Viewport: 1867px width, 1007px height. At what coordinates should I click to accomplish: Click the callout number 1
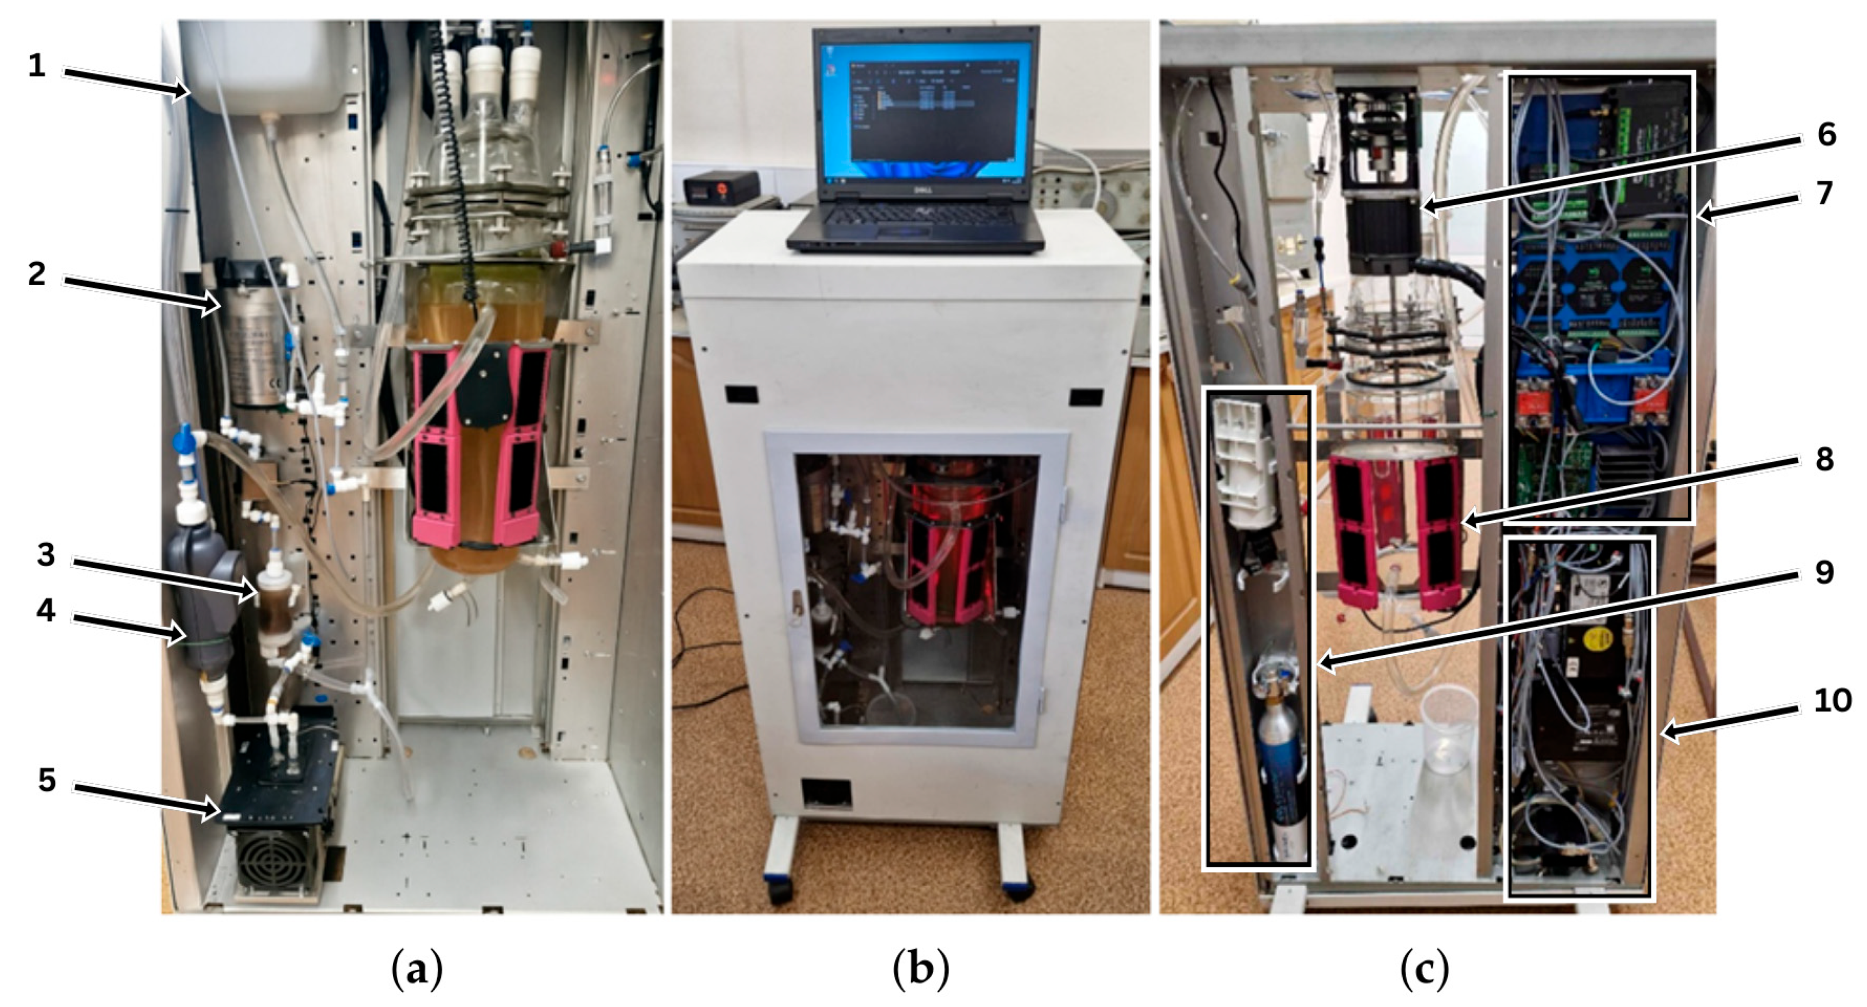click(x=37, y=66)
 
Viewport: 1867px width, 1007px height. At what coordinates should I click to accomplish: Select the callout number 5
click(x=46, y=780)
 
